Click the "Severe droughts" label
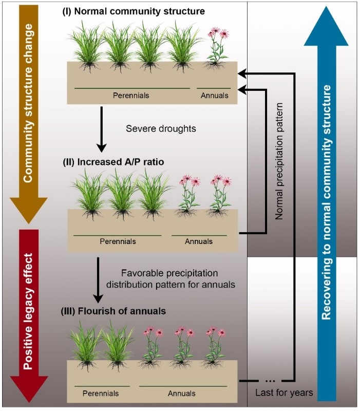(161, 128)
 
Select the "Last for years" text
(284, 393)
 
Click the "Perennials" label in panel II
(118, 241)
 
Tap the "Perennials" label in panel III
(101, 393)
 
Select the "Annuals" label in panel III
(181, 393)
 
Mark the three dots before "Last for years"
(271, 381)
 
